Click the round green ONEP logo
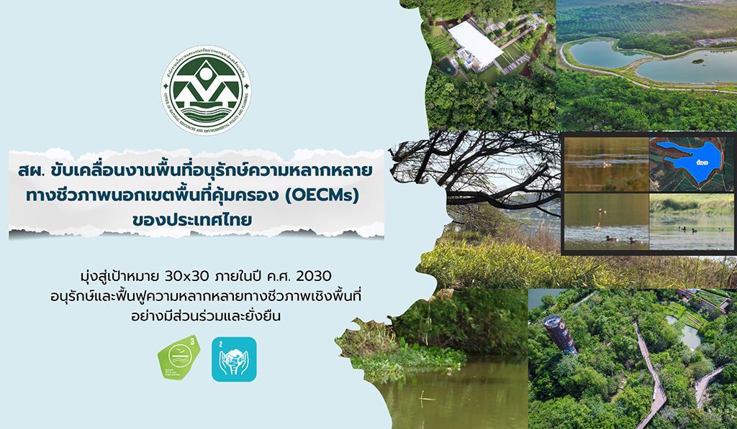click(206, 91)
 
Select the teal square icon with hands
click(234, 359)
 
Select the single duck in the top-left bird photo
click(605, 164)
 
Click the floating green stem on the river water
click(425, 395)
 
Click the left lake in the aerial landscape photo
click(598, 54)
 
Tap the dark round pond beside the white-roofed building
click(451, 71)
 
